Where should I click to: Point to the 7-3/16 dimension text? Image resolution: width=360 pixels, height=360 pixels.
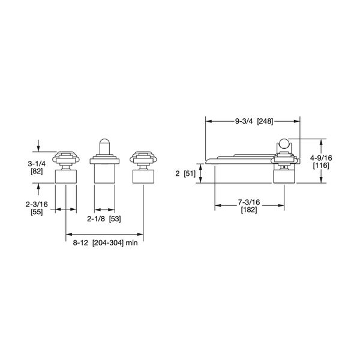pyautogui.click(x=248, y=202)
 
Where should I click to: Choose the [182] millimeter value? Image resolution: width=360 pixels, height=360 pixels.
pyautogui.click(x=248, y=210)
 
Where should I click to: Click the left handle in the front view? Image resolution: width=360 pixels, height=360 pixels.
pyautogui.click(x=65, y=158)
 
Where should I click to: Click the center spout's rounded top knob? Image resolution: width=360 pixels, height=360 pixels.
pyautogui.click(x=104, y=145)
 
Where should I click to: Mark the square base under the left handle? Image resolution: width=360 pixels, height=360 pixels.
pyautogui.click(x=65, y=176)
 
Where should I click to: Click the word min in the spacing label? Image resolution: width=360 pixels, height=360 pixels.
pyautogui.click(x=140, y=244)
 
